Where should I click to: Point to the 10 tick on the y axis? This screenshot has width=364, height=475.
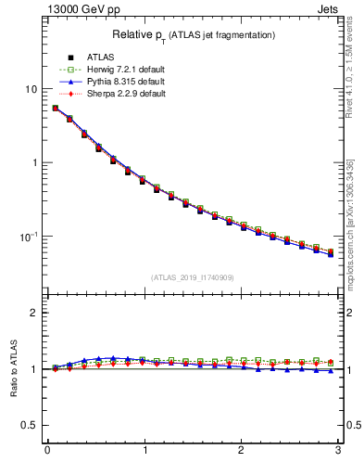click(31, 89)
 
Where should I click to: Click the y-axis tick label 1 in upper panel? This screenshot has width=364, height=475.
click(34, 162)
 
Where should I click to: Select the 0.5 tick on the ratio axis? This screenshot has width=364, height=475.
click(30, 425)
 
